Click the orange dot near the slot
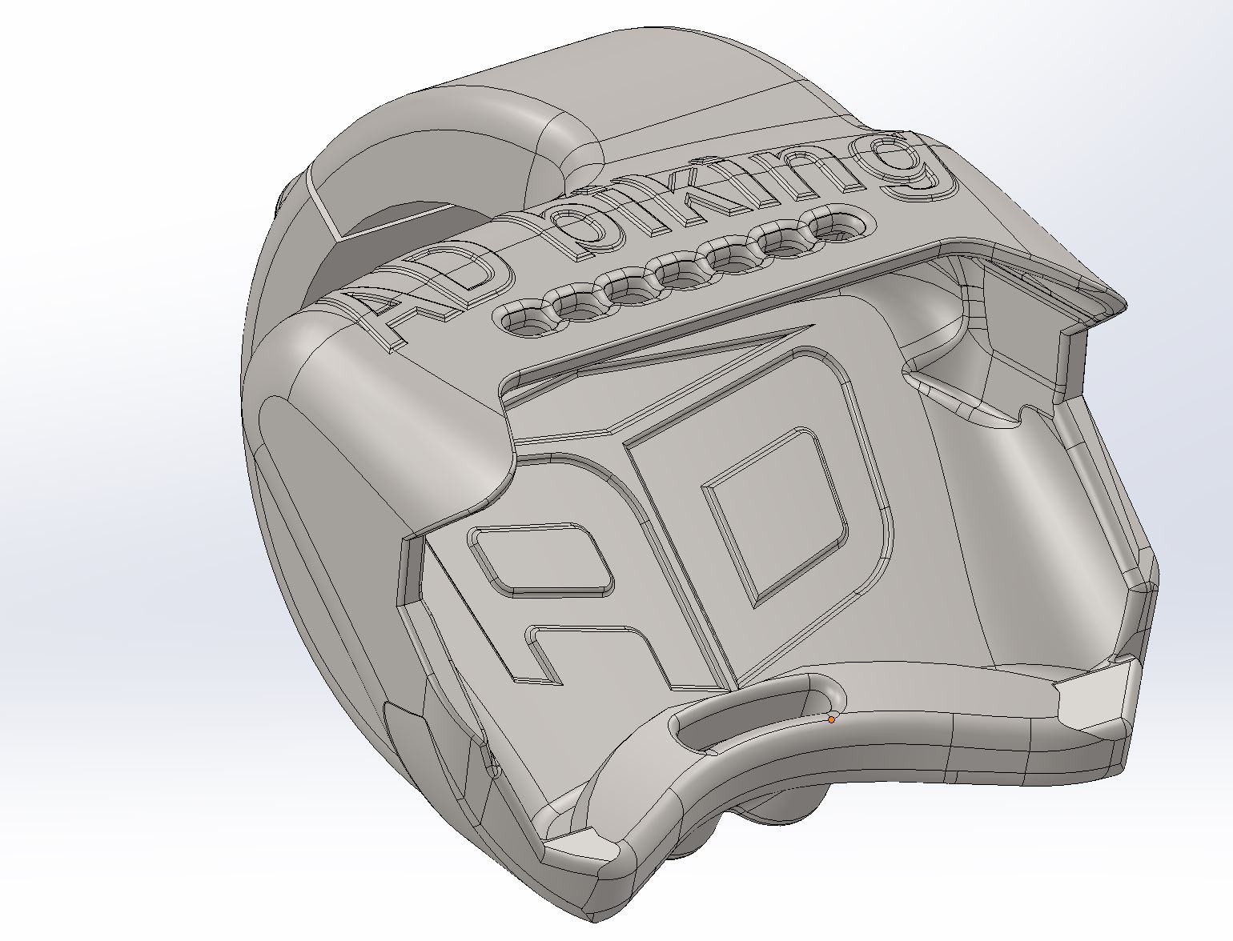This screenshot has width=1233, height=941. (831, 719)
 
